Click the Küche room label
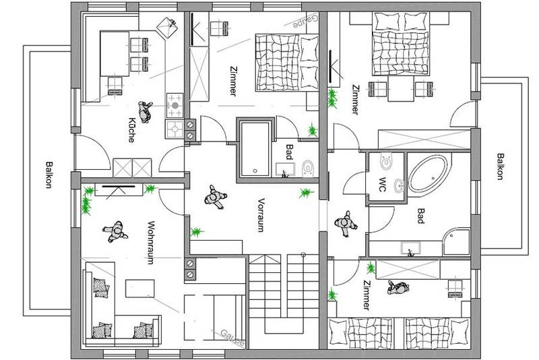coord(131,130)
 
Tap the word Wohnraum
coord(150,242)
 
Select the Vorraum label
coord(261,215)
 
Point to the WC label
coord(382,184)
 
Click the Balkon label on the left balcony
coord(49,175)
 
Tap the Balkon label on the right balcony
coord(501,166)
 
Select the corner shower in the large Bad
coord(457,242)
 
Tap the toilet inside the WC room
coord(386,160)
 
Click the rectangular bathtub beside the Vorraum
coord(255,148)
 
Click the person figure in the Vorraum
coord(215,197)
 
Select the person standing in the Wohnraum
coord(115,232)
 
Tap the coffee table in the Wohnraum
coord(139,288)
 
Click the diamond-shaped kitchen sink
coord(167,28)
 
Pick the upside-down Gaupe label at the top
coord(306,21)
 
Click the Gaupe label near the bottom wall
coord(232,337)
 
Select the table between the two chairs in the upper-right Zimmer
coord(400,89)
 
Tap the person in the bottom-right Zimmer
coord(398,287)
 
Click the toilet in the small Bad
coord(308,169)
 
